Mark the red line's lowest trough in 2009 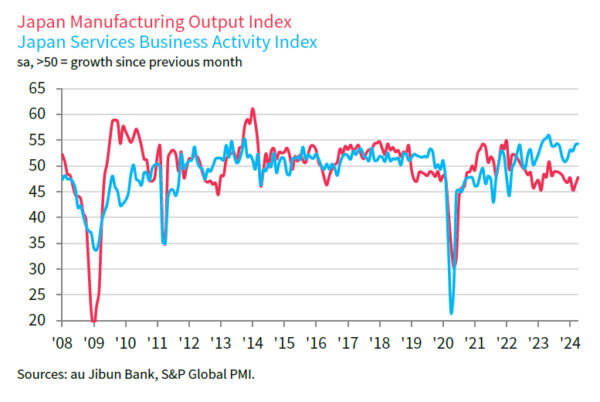click(x=94, y=321)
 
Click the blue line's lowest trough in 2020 click(x=452, y=313)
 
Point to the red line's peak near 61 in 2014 click(x=252, y=108)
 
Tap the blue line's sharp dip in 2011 click(x=164, y=243)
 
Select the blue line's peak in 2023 click(x=547, y=136)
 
